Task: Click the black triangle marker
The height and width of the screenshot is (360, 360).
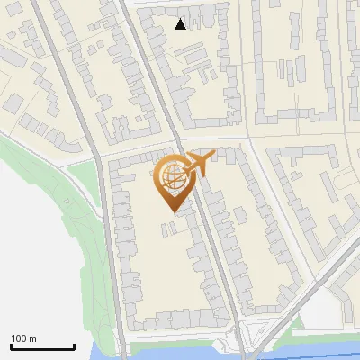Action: [x=181, y=24]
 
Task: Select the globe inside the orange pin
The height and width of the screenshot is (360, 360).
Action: [x=172, y=177]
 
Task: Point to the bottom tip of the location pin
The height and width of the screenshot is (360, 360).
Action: [x=171, y=211]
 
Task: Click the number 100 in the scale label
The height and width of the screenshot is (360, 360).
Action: [x=19, y=338]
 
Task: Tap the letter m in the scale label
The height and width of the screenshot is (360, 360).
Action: [x=33, y=338]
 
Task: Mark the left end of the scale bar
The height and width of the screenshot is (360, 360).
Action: [x=11, y=346]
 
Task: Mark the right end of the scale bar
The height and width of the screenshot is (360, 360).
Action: [x=74, y=346]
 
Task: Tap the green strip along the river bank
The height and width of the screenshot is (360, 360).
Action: [x=180, y=343]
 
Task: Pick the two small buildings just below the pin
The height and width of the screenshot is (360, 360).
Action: [x=168, y=228]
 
